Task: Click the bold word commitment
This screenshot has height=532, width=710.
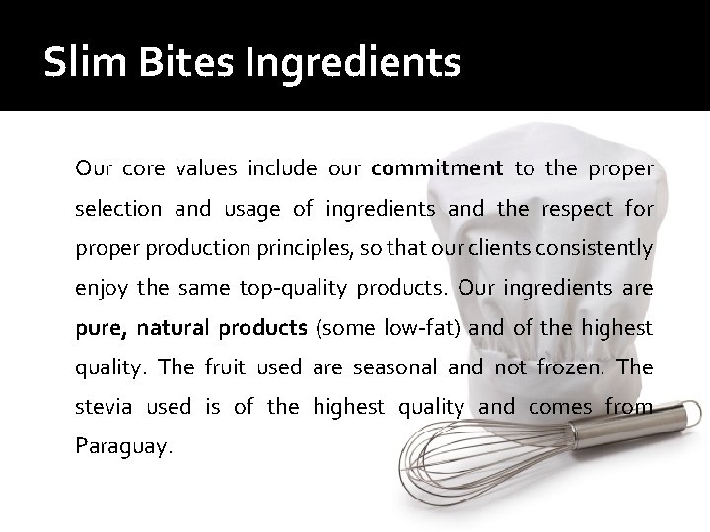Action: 438,168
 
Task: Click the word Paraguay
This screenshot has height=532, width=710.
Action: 122,445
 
